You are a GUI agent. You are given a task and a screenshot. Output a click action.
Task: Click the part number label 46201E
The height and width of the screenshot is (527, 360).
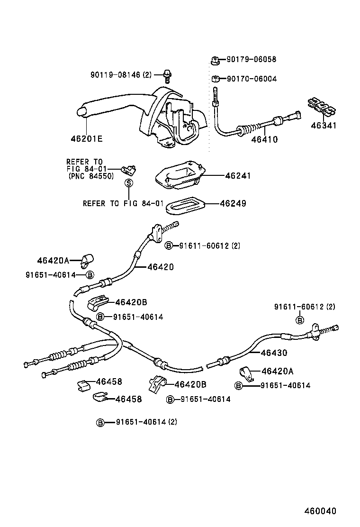(87, 139)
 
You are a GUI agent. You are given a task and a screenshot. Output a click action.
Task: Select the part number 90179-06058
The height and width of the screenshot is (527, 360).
(251, 60)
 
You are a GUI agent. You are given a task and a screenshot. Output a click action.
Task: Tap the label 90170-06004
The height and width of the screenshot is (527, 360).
(251, 79)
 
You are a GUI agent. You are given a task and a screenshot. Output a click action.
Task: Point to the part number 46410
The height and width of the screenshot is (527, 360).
(264, 139)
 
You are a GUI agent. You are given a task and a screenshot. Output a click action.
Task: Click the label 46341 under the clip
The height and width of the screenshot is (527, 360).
(324, 126)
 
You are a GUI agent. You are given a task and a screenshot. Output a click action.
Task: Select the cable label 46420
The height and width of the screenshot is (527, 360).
(160, 267)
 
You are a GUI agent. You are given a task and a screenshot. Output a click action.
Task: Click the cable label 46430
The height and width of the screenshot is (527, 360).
(274, 353)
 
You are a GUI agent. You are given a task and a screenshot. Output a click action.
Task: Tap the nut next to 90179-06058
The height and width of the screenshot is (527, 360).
(214, 60)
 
